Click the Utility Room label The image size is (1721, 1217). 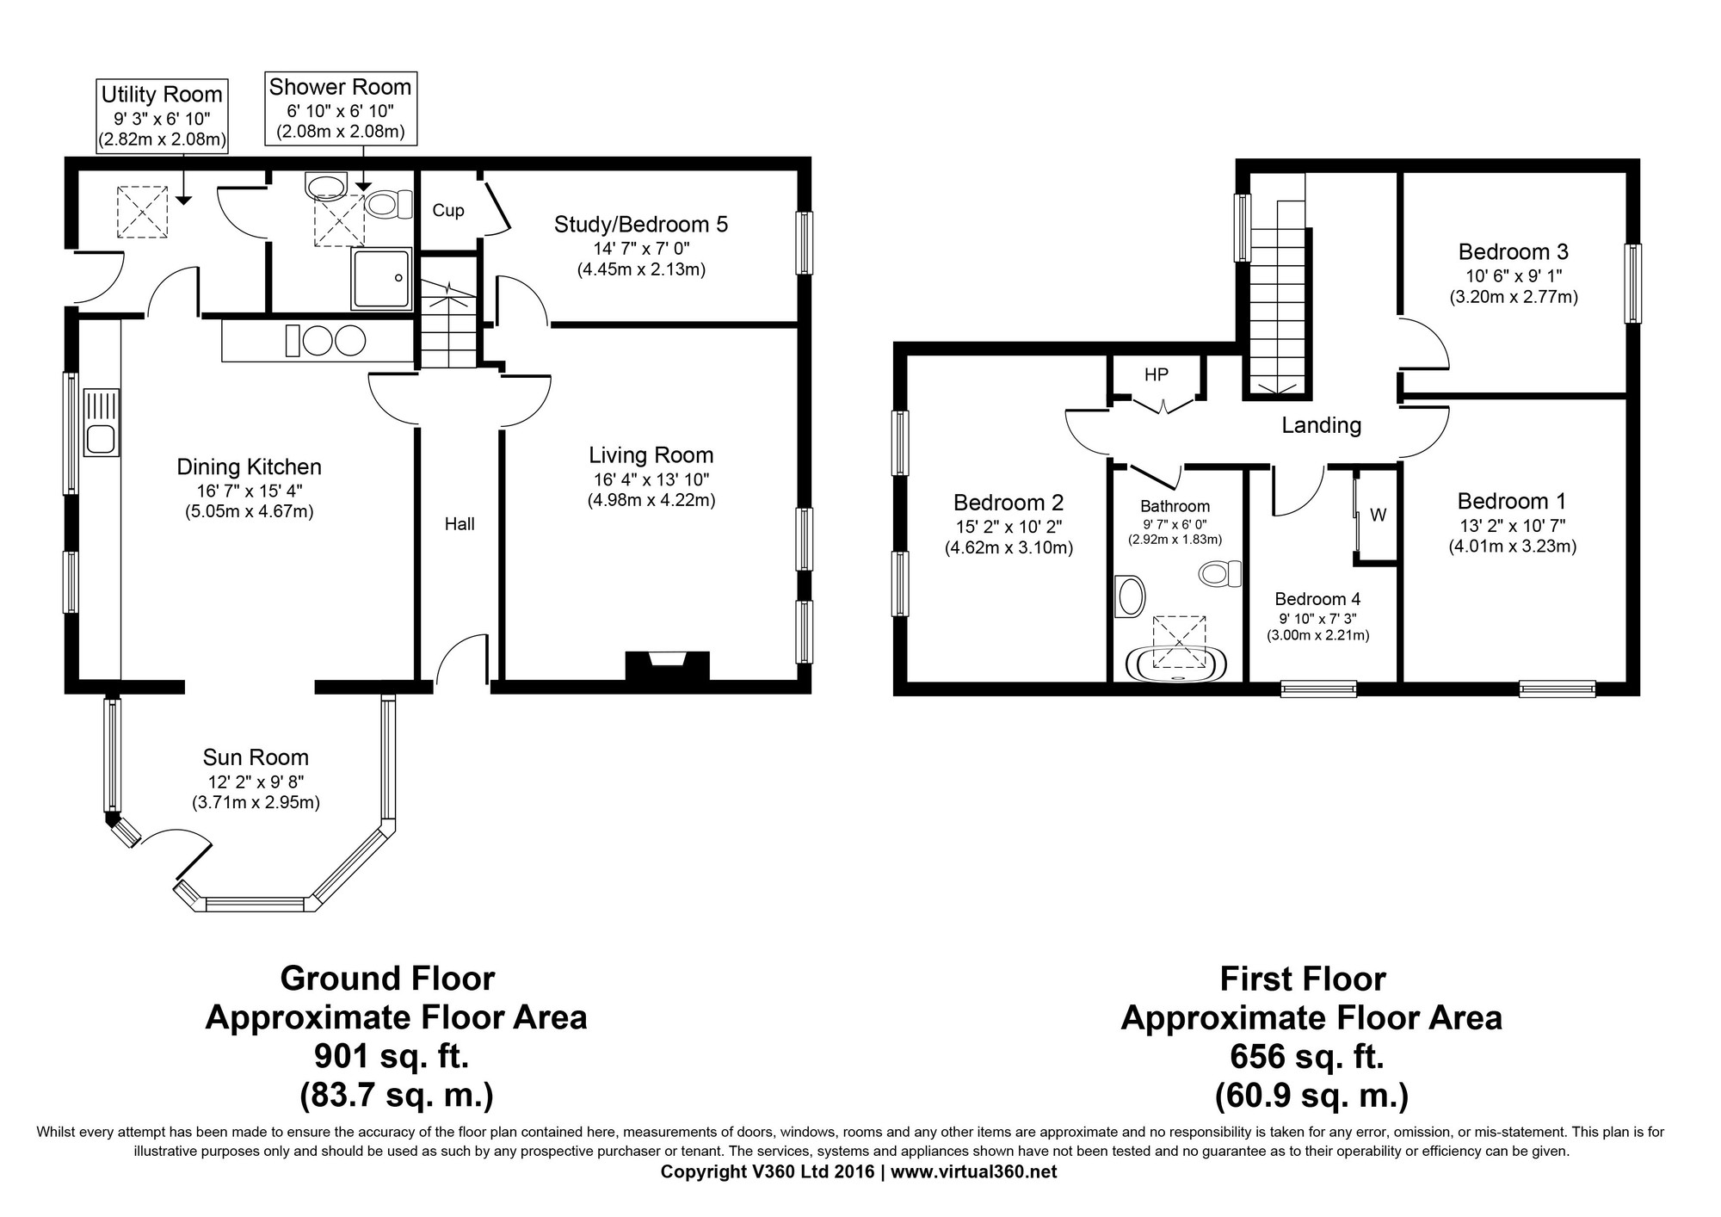162,94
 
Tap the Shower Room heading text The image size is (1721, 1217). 340,87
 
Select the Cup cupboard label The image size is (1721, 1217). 448,210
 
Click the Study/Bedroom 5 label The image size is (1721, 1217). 641,225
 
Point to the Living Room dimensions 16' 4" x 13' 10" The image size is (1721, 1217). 651,479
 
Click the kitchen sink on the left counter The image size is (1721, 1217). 102,422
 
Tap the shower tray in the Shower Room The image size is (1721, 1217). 381,278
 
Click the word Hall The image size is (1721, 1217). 460,524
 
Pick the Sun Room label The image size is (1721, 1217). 256,757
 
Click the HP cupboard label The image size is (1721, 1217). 1157,374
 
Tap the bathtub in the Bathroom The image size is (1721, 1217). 1178,662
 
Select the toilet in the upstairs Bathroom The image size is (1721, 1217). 1221,573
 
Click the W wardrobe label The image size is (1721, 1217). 1378,516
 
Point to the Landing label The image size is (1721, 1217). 1321,425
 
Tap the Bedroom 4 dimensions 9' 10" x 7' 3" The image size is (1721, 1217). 1317,618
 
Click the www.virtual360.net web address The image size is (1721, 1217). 974,1172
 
